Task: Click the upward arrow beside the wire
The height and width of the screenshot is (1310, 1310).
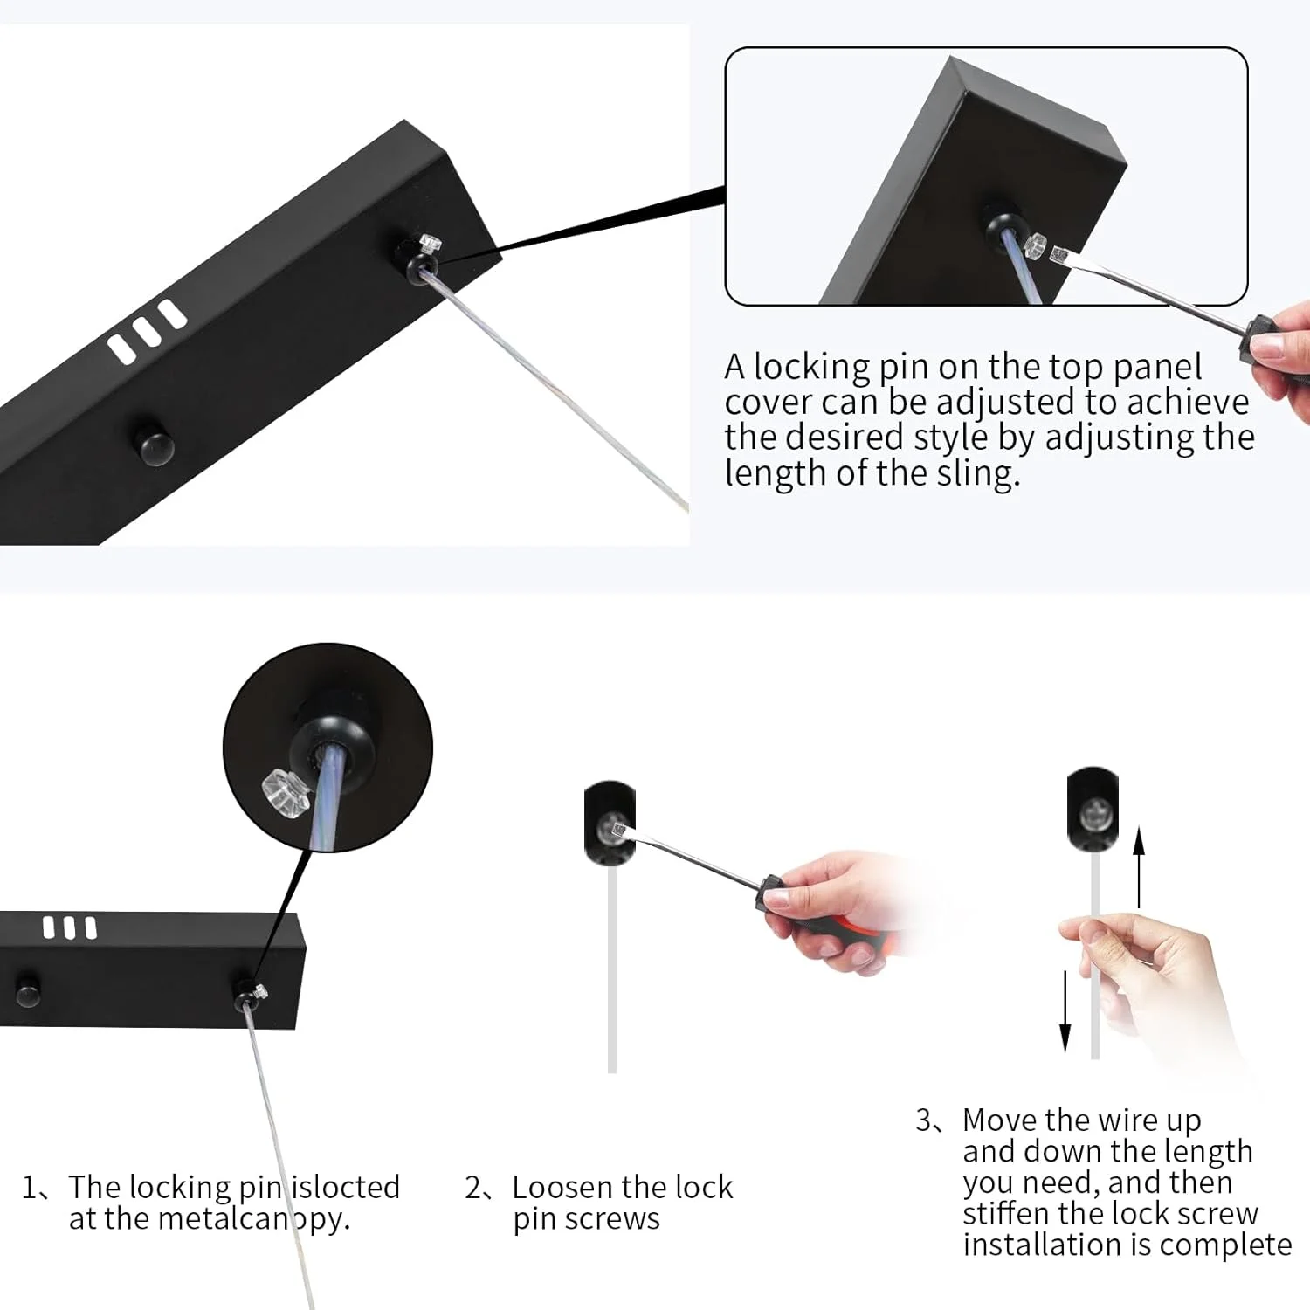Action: click(x=1139, y=868)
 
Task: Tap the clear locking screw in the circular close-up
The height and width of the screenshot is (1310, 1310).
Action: click(x=286, y=794)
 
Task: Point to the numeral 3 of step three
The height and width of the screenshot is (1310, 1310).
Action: click(x=924, y=1120)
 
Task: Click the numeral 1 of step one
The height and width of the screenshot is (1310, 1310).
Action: click(x=30, y=1188)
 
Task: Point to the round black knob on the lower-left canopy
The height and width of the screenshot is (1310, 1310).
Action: click(x=27, y=989)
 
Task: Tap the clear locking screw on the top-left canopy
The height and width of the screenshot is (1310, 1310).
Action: click(x=430, y=244)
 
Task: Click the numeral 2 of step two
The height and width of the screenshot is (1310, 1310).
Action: click(x=472, y=1188)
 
